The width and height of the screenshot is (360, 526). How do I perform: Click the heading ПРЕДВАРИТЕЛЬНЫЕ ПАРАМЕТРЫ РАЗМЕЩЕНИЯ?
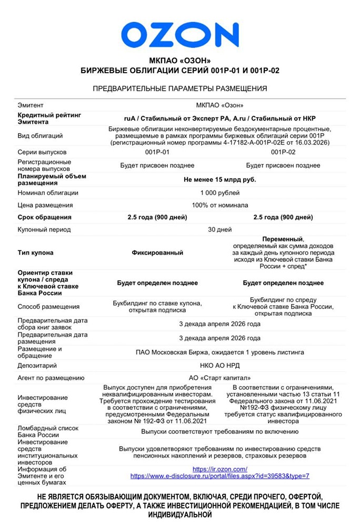point(179,88)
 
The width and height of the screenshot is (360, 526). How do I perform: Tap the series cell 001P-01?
point(157,152)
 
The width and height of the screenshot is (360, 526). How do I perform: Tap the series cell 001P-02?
point(283,152)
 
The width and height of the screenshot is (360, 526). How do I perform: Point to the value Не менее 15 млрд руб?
point(219,179)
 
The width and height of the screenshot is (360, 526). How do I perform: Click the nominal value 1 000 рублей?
point(219,193)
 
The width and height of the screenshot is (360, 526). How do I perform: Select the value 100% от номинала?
point(219,205)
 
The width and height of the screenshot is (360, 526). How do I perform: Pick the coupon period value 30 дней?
point(219,229)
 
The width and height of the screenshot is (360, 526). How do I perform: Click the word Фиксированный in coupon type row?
point(157,252)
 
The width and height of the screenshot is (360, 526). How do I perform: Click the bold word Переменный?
point(283,239)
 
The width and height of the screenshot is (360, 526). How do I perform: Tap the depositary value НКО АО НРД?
point(219,365)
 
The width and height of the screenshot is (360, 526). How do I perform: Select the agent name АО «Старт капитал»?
point(219,378)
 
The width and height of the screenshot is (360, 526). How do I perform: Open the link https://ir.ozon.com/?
point(219,469)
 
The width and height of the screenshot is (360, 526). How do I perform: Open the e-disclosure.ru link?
point(219,476)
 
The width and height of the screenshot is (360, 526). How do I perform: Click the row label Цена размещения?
point(45,205)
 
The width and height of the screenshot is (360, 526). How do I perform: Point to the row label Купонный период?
point(44,229)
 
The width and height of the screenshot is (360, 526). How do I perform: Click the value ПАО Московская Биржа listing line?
point(219,352)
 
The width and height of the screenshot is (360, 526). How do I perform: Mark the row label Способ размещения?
point(48,307)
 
